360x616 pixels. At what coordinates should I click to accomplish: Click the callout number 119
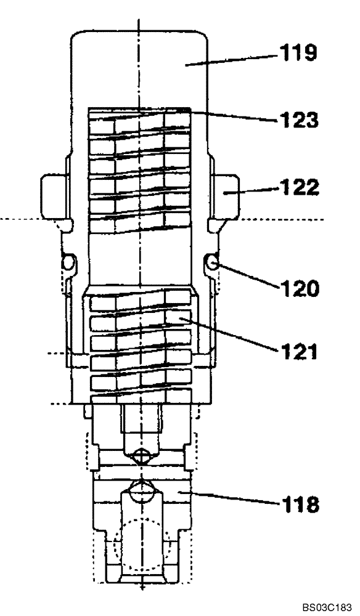(x=300, y=54)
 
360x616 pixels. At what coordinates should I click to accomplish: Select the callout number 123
(x=300, y=118)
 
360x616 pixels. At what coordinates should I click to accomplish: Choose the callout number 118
(x=300, y=505)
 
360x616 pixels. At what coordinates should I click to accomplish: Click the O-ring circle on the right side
(x=212, y=264)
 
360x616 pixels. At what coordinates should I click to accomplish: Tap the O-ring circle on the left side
(x=68, y=264)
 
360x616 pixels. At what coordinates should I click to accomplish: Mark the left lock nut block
(x=52, y=192)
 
